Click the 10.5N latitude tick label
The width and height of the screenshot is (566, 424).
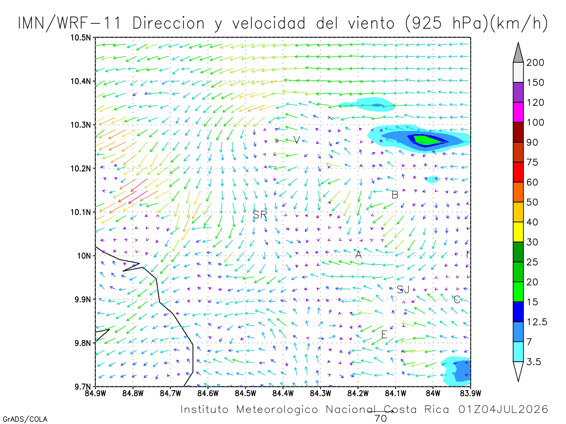tap(81, 38)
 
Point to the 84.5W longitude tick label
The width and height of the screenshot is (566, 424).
tap(245, 393)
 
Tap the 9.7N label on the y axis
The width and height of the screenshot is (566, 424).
tap(83, 387)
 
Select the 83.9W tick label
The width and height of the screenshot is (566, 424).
tap(471, 393)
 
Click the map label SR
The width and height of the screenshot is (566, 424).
tap(260, 214)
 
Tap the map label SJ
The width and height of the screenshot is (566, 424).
tap(403, 289)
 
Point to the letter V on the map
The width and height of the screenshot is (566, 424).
tap(297, 140)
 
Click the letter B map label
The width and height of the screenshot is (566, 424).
tap(395, 195)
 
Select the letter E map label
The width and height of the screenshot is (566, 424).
tap(384, 334)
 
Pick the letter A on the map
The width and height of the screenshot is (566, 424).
tap(358, 254)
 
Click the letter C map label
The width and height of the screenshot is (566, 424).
tap(457, 300)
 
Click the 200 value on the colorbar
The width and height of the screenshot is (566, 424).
tap(535, 63)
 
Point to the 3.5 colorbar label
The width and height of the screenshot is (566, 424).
tap(533, 362)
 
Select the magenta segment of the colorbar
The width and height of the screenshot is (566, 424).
tap(518, 112)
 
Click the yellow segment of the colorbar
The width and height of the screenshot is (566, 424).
tap(518, 232)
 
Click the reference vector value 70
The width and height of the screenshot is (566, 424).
tap(381, 419)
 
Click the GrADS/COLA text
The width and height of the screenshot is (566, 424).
tap(25, 419)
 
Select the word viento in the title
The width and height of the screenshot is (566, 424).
tap(371, 23)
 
